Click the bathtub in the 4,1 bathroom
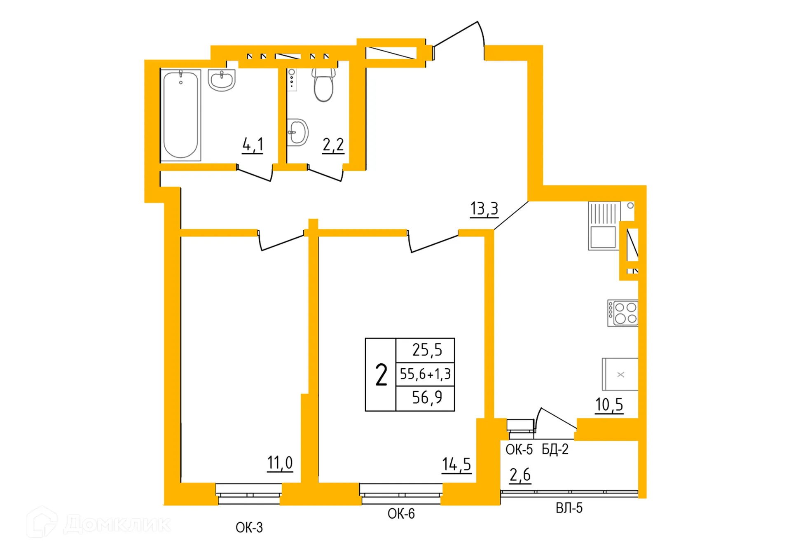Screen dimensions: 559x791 tap(180, 115)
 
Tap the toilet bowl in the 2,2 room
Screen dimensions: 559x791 tap(323, 86)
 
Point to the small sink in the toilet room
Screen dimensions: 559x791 tap(297, 132)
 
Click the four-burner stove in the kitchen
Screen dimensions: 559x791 tap(623, 313)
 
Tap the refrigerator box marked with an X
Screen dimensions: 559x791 tap(620, 374)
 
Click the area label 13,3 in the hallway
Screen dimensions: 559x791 tap(484, 209)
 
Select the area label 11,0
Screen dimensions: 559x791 tap(280, 463)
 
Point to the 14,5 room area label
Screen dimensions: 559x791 tap(456, 465)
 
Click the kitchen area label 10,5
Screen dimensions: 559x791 tap(609, 405)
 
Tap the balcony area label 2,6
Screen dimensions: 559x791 tap(520, 475)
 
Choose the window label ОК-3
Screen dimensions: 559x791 tap(249, 527)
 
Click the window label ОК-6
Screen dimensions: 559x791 tap(401, 514)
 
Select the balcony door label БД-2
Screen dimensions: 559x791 tap(555, 449)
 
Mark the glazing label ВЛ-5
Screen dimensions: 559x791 tap(569, 508)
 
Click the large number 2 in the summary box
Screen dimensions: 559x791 tap(381, 375)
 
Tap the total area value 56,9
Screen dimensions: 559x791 tap(427, 398)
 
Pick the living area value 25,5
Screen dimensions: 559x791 tap(427, 350)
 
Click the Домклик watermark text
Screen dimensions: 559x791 tap(117, 524)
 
